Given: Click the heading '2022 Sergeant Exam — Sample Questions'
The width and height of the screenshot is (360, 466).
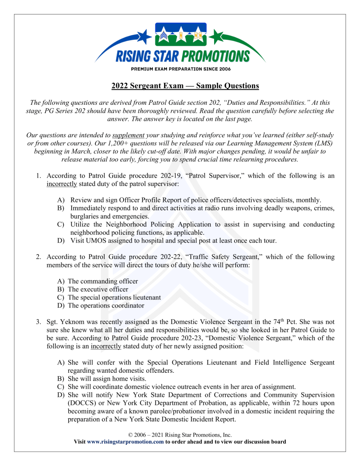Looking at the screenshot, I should [x=185, y=86].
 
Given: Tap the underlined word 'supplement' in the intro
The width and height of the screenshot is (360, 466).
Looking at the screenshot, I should [x=128, y=135].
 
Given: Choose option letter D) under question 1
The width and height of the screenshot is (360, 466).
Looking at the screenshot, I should [x=61, y=241].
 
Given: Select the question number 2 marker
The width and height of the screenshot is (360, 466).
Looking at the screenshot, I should [x=38, y=257].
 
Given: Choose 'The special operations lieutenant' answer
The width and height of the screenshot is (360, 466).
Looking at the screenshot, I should [x=114, y=298].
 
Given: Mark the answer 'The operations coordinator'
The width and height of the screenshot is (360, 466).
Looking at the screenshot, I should [x=106, y=306].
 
